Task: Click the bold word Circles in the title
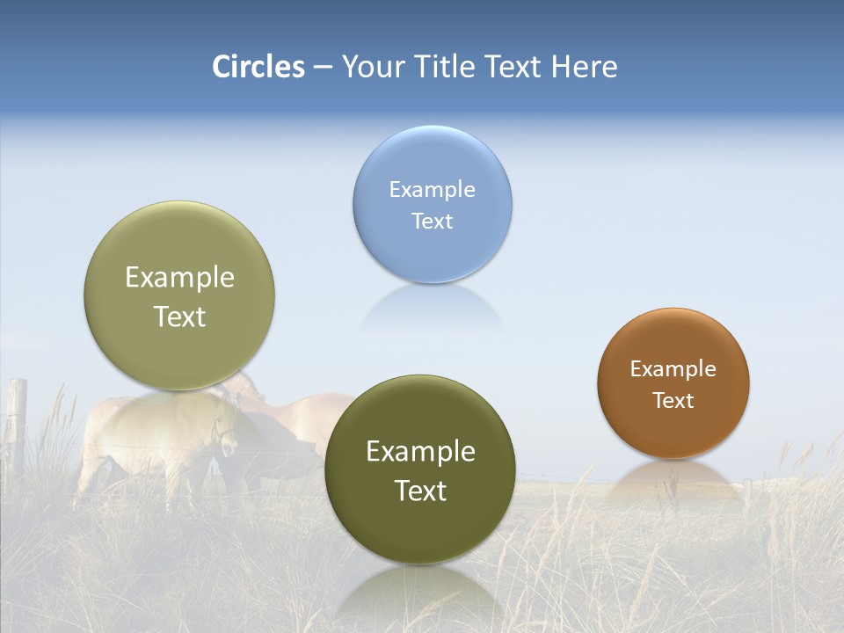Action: tap(258, 67)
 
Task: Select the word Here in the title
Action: tap(584, 67)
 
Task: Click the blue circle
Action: tap(432, 204)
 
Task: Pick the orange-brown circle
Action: tap(673, 383)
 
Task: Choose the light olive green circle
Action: tap(179, 296)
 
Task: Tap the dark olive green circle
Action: tap(420, 470)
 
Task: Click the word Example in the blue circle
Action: tap(432, 189)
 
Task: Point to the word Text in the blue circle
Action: tap(432, 221)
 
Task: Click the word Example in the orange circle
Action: tap(673, 368)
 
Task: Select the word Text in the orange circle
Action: tap(673, 401)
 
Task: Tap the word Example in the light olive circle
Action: tap(179, 277)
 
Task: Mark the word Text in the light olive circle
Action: tap(179, 316)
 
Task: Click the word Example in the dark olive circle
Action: tap(420, 451)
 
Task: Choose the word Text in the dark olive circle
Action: tap(420, 491)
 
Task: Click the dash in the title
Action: tap(323, 68)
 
